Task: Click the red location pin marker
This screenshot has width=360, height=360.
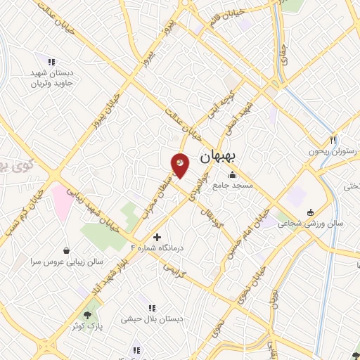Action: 180,163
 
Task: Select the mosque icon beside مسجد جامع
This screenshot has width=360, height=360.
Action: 232,175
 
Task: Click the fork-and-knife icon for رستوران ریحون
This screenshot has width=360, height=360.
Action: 333,140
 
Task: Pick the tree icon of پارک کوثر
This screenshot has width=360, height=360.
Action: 87,316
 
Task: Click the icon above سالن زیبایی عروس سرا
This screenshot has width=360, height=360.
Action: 66,250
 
